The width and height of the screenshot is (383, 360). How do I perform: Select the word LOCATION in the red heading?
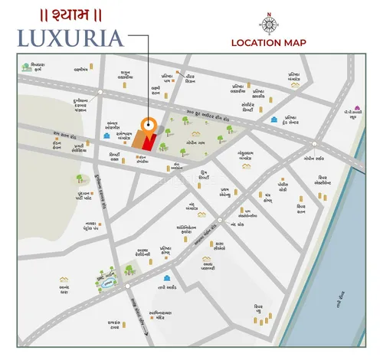pos(257,43)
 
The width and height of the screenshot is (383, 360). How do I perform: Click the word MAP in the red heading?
pos(294,43)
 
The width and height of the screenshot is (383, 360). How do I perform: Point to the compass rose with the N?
pos(269,21)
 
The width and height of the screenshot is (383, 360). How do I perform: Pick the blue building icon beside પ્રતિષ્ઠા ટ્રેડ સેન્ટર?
pos(273,120)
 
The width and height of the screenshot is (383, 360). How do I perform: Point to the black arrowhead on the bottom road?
pos(143,330)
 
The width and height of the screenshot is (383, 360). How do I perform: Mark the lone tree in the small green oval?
pos(80,178)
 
